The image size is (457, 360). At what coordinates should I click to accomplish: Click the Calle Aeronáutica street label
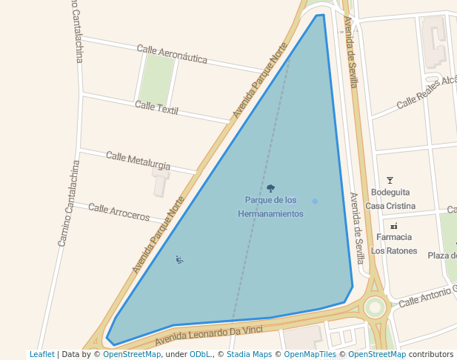click(172, 53)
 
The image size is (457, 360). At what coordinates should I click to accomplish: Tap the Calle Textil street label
click(157, 108)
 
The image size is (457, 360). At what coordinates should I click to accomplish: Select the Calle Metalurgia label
click(138, 160)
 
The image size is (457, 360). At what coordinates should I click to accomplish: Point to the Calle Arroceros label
click(119, 212)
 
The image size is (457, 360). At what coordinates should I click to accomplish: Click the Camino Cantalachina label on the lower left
click(68, 203)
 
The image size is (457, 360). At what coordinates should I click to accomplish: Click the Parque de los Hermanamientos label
click(270, 207)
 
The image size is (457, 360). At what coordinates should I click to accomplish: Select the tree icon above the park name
click(270, 189)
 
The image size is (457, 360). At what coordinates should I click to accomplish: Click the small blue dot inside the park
click(315, 201)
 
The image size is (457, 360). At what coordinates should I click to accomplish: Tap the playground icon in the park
click(179, 259)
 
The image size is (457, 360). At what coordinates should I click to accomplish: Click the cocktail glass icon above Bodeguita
click(390, 180)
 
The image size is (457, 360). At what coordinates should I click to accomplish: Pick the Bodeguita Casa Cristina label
click(390, 199)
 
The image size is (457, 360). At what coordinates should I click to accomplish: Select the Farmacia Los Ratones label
click(393, 244)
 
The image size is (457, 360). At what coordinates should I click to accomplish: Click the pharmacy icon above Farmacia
click(393, 226)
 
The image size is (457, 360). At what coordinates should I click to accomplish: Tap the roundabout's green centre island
click(376, 306)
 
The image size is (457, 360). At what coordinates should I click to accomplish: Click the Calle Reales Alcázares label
click(427, 92)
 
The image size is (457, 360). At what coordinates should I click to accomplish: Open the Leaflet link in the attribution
click(41, 354)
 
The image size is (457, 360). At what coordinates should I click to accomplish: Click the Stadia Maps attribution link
click(248, 354)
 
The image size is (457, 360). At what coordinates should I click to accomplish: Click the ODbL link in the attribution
click(200, 354)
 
